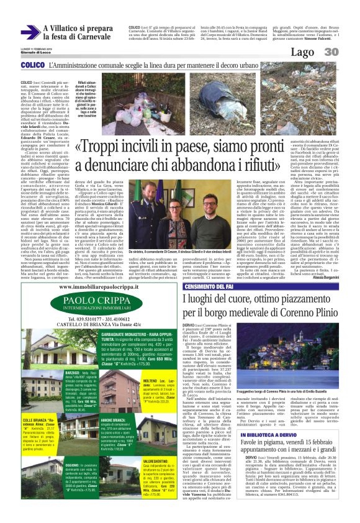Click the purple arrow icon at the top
coord(30,33)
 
